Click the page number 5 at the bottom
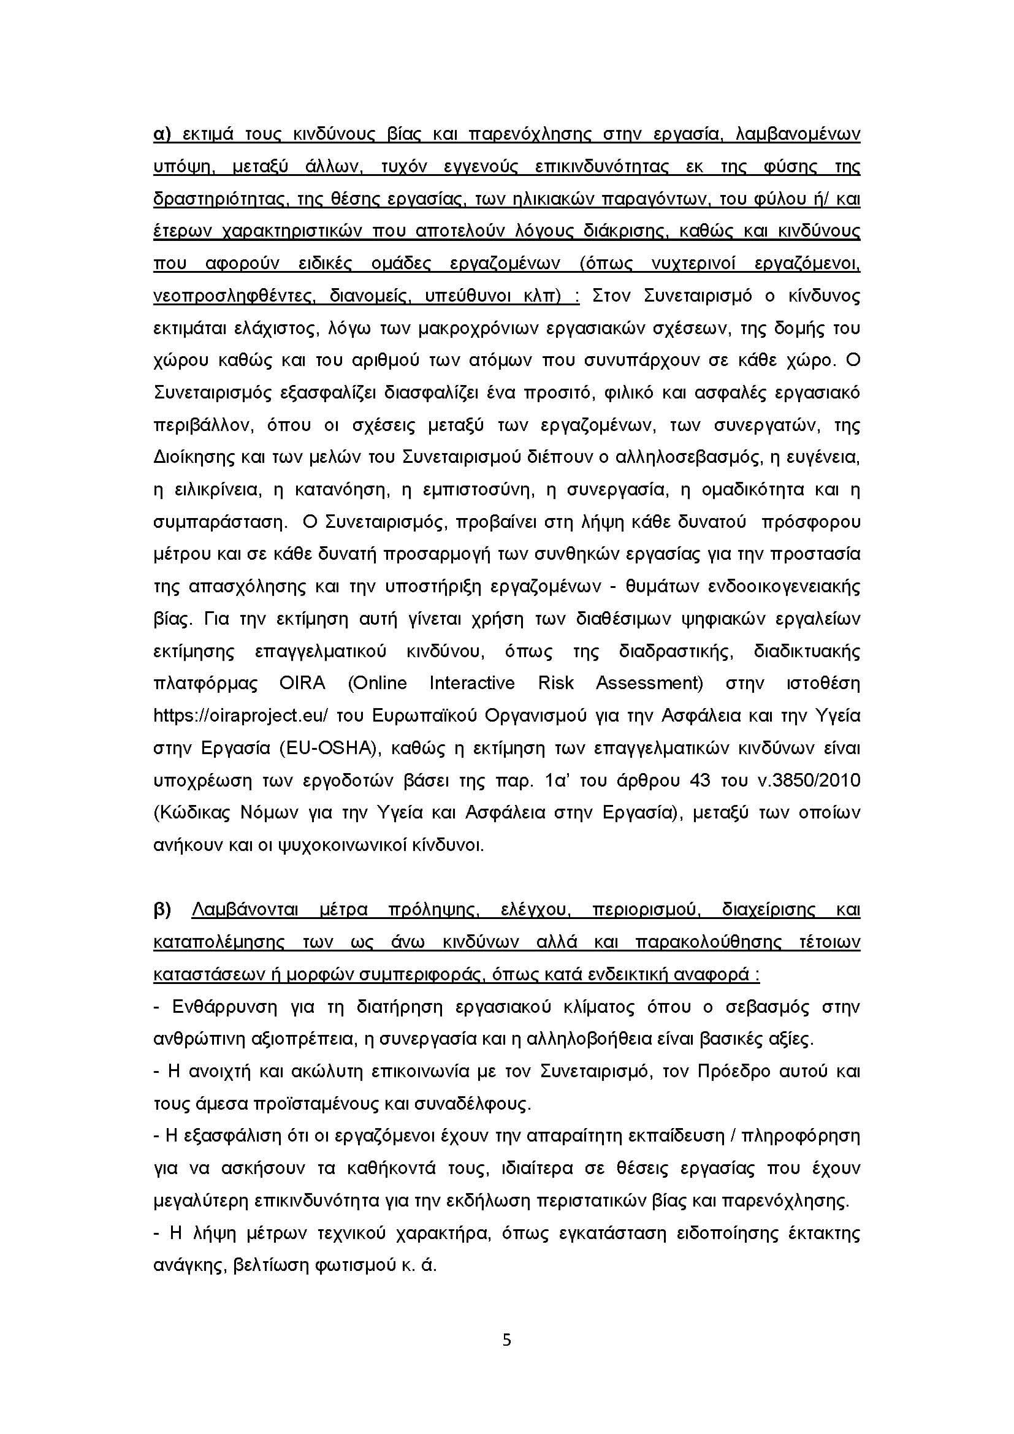pos(506,1340)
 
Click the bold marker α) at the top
pos(162,134)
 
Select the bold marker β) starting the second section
pos(162,910)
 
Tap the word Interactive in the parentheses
pos(471,683)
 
